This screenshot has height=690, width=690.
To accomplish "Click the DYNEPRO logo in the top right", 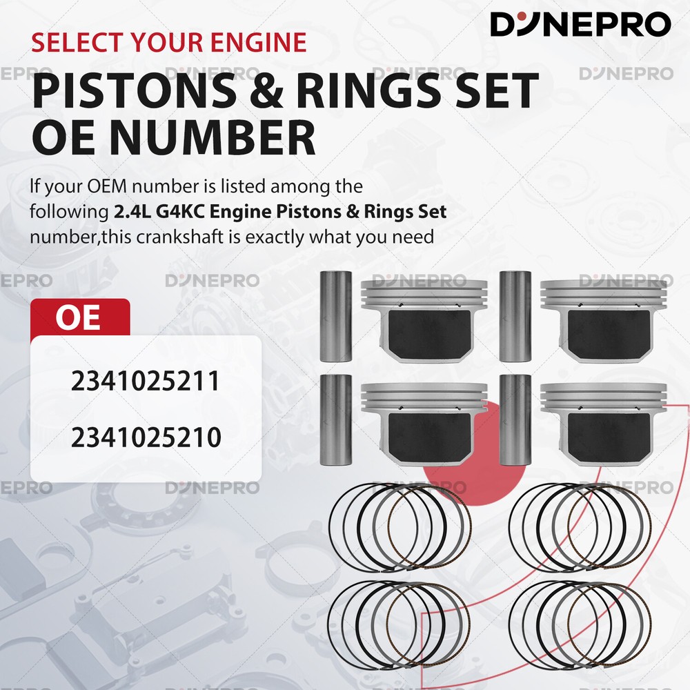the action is [x=580, y=24].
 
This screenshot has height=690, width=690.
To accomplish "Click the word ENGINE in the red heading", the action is [x=258, y=42].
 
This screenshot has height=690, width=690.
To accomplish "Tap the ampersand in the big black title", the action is [x=266, y=92].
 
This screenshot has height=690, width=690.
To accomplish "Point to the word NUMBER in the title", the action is [x=212, y=137].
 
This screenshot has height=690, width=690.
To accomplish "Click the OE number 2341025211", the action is [x=145, y=381].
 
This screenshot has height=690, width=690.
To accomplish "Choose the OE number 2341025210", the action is [x=146, y=437].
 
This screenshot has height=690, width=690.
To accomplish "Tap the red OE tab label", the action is [x=78, y=317].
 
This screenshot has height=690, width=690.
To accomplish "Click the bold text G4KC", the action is [x=180, y=212].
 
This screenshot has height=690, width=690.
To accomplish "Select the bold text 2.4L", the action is [x=132, y=212].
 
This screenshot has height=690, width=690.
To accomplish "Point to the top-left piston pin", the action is [x=336, y=317].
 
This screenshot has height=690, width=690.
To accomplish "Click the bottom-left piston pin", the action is [x=336, y=420].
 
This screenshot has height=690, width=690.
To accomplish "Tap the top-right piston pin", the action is [x=515, y=317].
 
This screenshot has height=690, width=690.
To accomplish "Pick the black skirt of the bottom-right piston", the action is [x=609, y=437].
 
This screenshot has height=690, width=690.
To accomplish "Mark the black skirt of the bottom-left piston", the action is [x=430, y=437].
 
